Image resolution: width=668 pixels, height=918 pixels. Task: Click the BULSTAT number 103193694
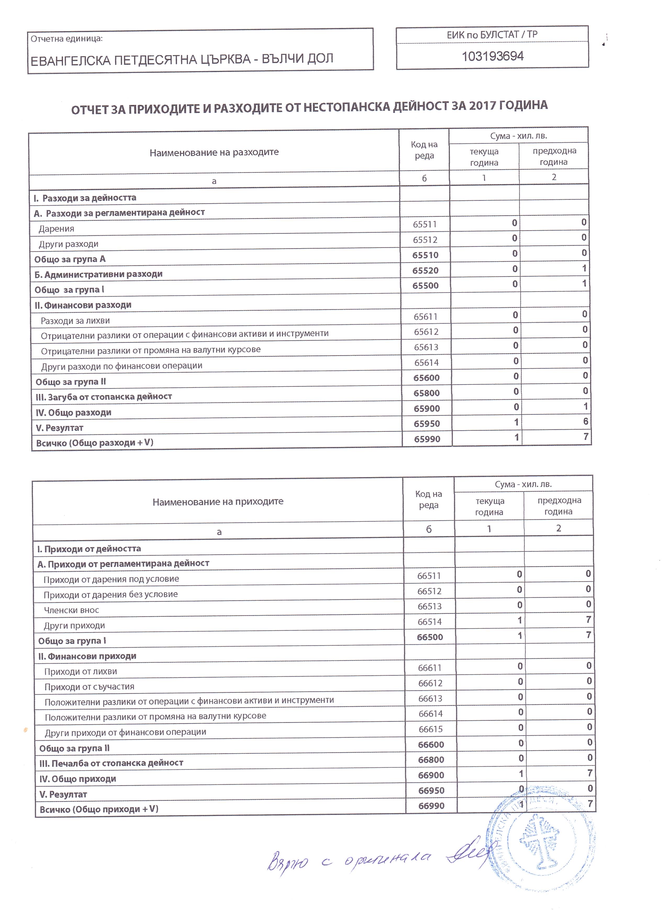click(493, 56)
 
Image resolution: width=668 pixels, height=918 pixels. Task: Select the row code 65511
click(425, 224)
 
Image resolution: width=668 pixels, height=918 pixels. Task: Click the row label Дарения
click(56, 229)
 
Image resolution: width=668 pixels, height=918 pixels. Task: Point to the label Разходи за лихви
click(75, 321)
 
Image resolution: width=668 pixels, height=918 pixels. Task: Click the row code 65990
click(427, 439)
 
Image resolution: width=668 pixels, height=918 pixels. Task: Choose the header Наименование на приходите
click(218, 502)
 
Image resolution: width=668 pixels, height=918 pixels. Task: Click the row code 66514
click(429, 622)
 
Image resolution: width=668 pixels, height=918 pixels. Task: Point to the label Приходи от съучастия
click(89, 687)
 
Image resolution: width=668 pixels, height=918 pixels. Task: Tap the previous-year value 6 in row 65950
click(585, 421)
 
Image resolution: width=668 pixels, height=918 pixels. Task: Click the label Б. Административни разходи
click(98, 274)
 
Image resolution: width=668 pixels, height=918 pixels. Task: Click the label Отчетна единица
click(66, 39)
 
